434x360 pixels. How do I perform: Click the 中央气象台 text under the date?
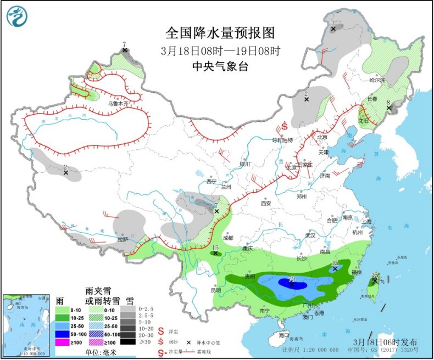(220, 66)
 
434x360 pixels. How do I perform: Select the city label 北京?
(322, 137)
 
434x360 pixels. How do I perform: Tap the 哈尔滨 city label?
(377, 81)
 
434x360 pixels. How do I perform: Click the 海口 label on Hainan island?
(283, 335)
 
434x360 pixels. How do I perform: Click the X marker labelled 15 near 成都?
(216, 253)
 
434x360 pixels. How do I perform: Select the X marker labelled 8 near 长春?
(388, 108)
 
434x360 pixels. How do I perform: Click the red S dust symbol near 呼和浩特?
(285, 126)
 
